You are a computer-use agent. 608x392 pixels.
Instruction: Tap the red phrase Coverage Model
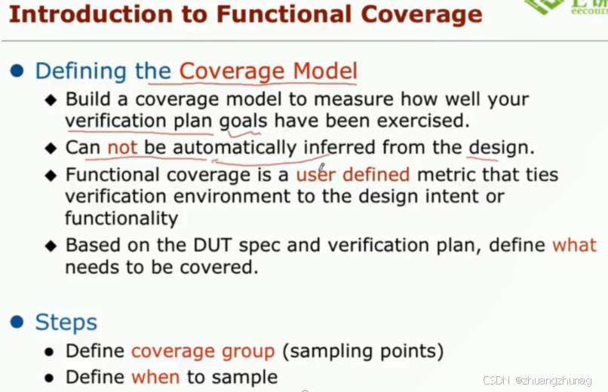pyautogui.click(x=268, y=71)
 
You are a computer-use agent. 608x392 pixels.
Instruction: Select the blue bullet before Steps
pyautogui.click(x=17, y=323)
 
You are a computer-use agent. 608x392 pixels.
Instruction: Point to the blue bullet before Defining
pyautogui.click(x=17, y=71)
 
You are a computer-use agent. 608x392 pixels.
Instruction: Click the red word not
pyautogui.click(x=122, y=147)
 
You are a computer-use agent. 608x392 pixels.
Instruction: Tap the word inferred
pyautogui.click(x=340, y=147)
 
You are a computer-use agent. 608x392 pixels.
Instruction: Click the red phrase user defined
pyautogui.click(x=352, y=175)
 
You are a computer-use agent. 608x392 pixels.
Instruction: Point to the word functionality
pyautogui.click(x=121, y=219)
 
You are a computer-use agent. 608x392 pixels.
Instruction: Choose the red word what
pyautogui.click(x=574, y=245)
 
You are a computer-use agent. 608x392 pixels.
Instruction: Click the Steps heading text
pyautogui.click(x=66, y=323)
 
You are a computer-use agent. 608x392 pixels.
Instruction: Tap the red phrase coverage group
pyautogui.click(x=203, y=351)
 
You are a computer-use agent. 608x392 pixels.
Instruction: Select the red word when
pyautogui.click(x=155, y=376)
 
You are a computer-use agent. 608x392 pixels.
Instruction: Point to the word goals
pyautogui.click(x=244, y=121)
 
